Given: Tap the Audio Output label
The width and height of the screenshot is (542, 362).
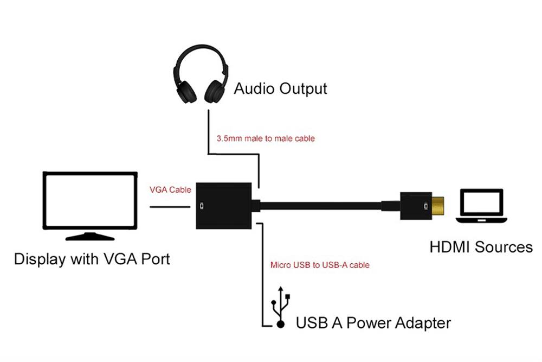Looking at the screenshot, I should coord(280,88).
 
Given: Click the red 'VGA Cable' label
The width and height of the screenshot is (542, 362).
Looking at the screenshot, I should coord(171,190).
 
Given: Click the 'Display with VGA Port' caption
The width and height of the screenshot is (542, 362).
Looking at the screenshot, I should coord(92,258).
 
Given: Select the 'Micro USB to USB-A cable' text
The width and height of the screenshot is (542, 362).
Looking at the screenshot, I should coord(320,265).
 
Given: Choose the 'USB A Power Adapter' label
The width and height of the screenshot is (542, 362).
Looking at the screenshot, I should coord(373,323).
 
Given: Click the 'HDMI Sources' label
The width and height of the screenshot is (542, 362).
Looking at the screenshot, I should coord(481,247).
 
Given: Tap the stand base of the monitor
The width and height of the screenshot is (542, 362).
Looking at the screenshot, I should coord(90,237).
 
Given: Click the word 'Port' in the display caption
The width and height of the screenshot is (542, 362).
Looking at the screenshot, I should coord(153,258).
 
